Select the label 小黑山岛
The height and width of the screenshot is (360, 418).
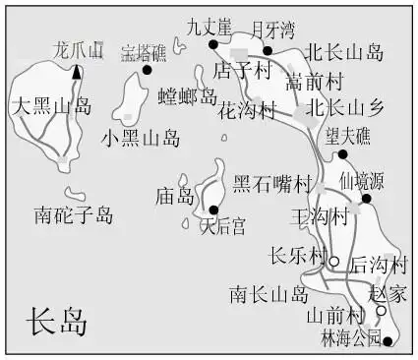tap(141, 138)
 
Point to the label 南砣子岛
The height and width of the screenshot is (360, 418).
tap(73, 213)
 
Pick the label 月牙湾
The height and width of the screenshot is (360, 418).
tap(272, 30)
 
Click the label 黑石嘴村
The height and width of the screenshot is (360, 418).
tap(271, 184)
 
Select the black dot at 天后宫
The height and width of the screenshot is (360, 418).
tap(212, 210)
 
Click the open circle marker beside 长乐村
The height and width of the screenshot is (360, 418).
tap(333, 261)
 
